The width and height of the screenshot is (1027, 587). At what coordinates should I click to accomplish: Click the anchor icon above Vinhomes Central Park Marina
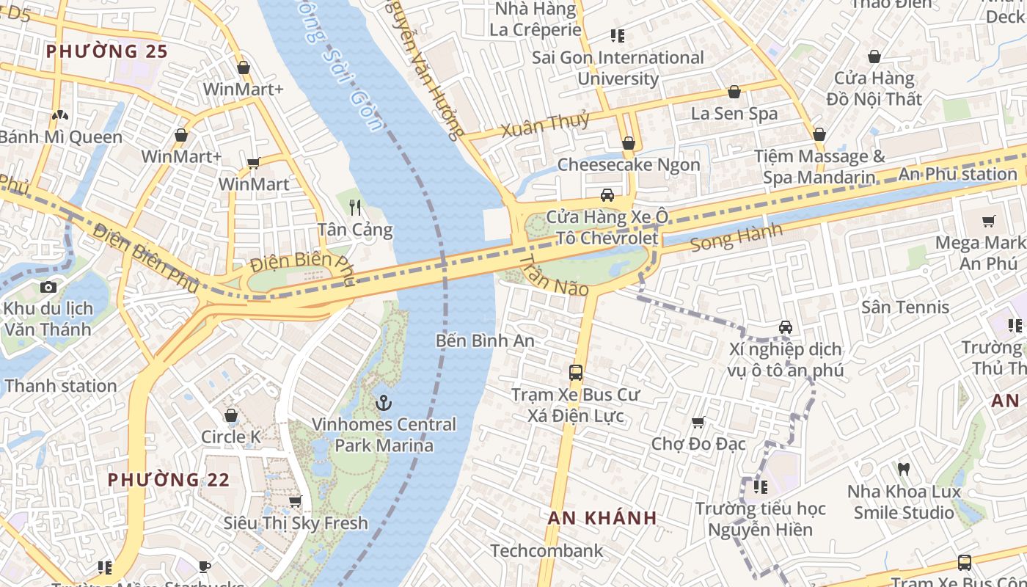[383, 403]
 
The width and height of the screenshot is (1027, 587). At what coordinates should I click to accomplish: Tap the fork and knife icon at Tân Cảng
[356, 208]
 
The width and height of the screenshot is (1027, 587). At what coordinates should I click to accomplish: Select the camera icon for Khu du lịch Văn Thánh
[48, 287]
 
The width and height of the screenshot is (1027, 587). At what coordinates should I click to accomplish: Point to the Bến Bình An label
[485, 340]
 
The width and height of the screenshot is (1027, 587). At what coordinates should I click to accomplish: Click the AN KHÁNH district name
[602, 517]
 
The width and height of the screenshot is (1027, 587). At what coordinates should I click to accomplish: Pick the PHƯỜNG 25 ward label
[107, 51]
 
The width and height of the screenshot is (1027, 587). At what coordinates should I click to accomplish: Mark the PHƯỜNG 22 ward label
[169, 480]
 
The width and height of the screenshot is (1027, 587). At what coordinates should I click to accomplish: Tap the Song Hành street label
[736, 238]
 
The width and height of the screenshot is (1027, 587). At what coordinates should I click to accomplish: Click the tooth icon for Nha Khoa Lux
[904, 468]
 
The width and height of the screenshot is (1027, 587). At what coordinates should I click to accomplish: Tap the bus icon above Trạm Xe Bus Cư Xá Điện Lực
[576, 372]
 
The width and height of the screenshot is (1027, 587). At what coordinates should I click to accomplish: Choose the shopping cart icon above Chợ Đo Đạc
[698, 422]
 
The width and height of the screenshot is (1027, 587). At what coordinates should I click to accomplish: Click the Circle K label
[231, 437]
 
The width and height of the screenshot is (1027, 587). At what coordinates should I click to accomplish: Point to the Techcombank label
[547, 550]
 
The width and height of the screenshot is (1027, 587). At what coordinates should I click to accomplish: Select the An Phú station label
[957, 174]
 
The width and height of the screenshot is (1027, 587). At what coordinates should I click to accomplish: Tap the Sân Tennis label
[905, 307]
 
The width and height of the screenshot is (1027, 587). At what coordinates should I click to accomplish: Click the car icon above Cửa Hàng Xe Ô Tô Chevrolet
[607, 195]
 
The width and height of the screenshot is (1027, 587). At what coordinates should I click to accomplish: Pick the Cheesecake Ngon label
[629, 164]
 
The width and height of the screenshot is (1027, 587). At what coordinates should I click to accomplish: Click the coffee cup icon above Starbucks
[205, 566]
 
